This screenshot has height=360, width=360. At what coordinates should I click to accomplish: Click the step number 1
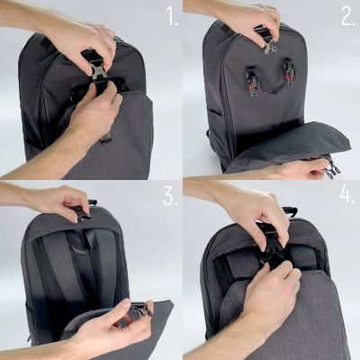[x=169, y=15]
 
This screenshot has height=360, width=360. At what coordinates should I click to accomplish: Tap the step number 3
[x=169, y=197]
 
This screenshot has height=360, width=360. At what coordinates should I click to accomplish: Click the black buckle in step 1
[x=96, y=72]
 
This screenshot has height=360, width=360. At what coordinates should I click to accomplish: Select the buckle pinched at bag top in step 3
[x=83, y=213]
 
